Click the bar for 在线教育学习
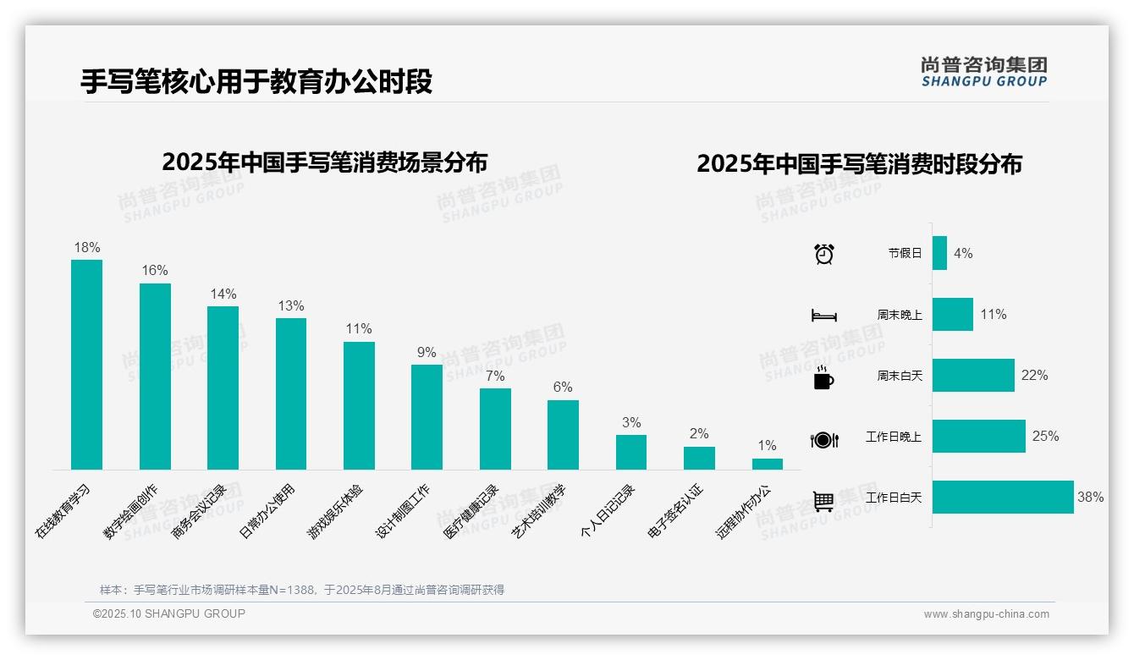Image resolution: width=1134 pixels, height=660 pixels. tap(86, 365)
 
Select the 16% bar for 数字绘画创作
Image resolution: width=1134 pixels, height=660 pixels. tap(155, 377)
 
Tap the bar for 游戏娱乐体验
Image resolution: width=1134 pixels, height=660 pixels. tap(359, 405)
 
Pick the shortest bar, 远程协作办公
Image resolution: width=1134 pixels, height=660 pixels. tap(768, 464)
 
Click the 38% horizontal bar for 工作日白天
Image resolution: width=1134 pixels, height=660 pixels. tap(1003, 497)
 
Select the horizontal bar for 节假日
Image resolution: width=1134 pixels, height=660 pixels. tap(939, 253)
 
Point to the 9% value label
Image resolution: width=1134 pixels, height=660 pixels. tap(427, 352)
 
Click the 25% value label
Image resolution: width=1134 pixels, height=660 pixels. tap(1045, 436)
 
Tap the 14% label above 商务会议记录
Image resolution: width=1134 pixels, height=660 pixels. tap(223, 294)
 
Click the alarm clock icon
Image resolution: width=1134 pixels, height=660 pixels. tap(823, 254)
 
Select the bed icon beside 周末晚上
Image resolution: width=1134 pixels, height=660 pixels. tap(823, 316)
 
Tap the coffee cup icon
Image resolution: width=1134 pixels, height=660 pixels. tap(823, 377)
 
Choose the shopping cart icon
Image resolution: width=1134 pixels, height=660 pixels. tap(823, 501)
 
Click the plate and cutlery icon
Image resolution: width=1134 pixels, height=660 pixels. tap(823, 440)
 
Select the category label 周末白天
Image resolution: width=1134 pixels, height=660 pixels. tap(899, 376)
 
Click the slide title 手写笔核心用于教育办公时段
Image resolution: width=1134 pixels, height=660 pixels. tap(256, 81)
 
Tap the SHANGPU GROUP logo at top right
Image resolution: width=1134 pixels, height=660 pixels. tap(984, 72)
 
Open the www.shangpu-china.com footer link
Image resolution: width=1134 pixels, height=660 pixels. tap(986, 614)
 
